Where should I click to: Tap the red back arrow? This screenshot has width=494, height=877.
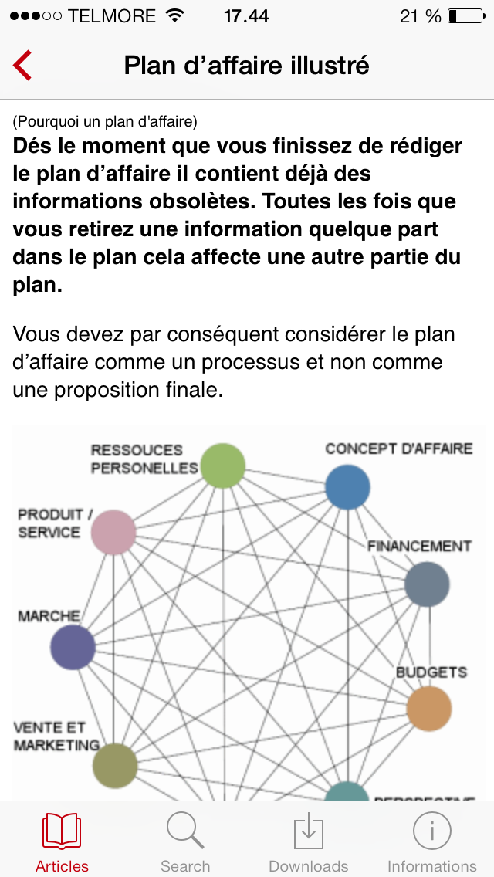tap(22, 66)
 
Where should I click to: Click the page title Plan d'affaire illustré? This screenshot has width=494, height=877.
tap(247, 66)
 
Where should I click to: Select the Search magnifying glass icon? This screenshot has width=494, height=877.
tap(185, 831)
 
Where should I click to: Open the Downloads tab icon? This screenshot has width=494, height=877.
tap(308, 831)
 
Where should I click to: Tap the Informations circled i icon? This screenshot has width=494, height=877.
tap(431, 831)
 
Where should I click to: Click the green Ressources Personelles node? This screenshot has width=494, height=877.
tap(222, 466)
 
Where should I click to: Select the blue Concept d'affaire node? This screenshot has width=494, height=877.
tap(347, 487)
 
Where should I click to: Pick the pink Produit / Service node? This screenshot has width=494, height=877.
tap(113, 532)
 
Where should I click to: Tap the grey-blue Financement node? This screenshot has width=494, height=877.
tap(427, 584)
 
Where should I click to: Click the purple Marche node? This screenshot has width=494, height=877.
tap(73, 647)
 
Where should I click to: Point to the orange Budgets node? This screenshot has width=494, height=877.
tap(428, 708)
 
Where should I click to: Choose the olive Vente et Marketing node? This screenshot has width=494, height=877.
tap(115, 765)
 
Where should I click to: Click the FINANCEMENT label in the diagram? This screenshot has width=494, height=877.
tap(419, 546)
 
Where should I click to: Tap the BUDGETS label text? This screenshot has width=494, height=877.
tap(431, 672)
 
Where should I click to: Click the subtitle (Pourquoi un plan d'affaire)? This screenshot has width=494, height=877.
tap(105, 121)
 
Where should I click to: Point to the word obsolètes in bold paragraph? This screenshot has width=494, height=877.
tap(208, 201)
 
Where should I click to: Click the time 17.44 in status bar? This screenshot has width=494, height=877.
tap(246, 15)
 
